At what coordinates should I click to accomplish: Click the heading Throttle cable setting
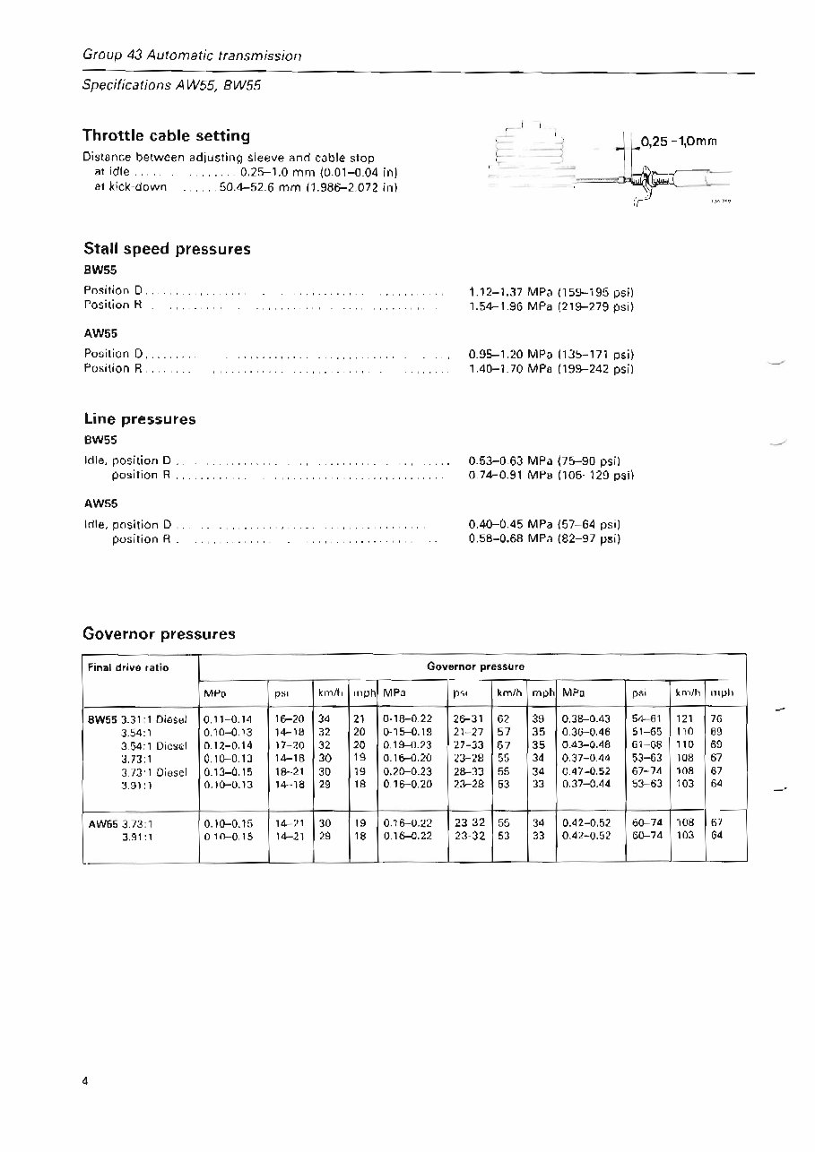pos(166,136)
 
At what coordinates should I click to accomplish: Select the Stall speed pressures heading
pos(166,249)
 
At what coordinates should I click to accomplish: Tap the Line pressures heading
pos(139,419)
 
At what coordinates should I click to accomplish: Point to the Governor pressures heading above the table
pos(159,634)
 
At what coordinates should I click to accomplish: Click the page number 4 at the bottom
pos(86,1081)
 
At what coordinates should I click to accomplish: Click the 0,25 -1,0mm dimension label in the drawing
pos(681,141)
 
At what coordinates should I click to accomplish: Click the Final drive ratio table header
pos(128,667)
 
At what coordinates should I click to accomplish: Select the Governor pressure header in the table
pos(475,667)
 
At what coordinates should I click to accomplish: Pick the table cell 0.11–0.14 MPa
pos(229,718)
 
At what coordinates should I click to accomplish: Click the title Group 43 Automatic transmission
pos(191,56)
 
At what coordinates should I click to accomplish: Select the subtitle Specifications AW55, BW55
pos(171,86)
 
